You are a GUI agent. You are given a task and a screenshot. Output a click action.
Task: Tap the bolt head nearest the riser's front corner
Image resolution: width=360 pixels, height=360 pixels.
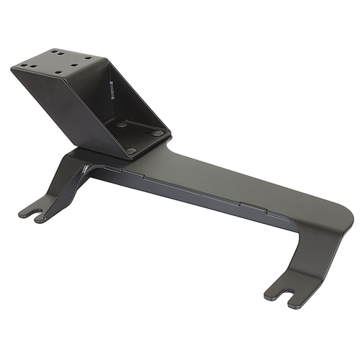(x=130, y=150)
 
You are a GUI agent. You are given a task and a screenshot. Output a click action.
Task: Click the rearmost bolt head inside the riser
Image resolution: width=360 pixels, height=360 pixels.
(x=122, y=124)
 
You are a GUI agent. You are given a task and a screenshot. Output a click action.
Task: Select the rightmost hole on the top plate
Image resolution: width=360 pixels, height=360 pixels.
(x=89, y=57)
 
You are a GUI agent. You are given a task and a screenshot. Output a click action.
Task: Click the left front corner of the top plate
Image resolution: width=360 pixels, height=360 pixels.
(x=13, y=70)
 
